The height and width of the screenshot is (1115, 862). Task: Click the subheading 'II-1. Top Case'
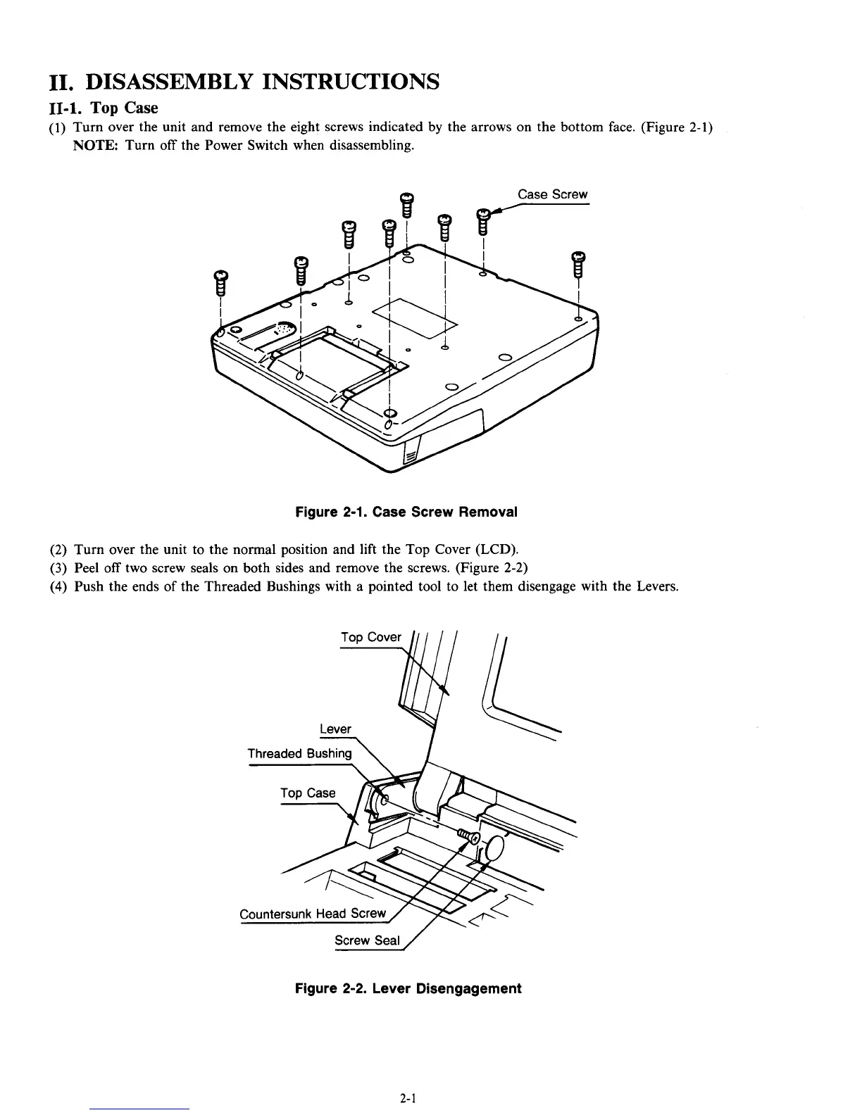tap(104, 108)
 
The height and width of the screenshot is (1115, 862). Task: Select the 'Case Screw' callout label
tap(552, 194)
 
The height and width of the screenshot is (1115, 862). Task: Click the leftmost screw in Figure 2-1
tap(220, 283)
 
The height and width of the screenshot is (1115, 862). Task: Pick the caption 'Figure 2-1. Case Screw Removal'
tap(406, 512)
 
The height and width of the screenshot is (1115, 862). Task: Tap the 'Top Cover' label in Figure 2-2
tap(370, 637)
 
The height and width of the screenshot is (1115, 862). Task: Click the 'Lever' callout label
tap(335, 729)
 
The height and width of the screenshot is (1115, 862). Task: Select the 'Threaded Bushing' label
tap(299, 753)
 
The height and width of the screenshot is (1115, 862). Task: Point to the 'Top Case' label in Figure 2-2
tap(308, 793)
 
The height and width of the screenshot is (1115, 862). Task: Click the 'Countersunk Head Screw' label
tap(313, 914)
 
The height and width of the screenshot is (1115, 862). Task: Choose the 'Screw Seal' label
tap(367, 940)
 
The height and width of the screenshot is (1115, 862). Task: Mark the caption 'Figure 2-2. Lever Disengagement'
tap(408, 988)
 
